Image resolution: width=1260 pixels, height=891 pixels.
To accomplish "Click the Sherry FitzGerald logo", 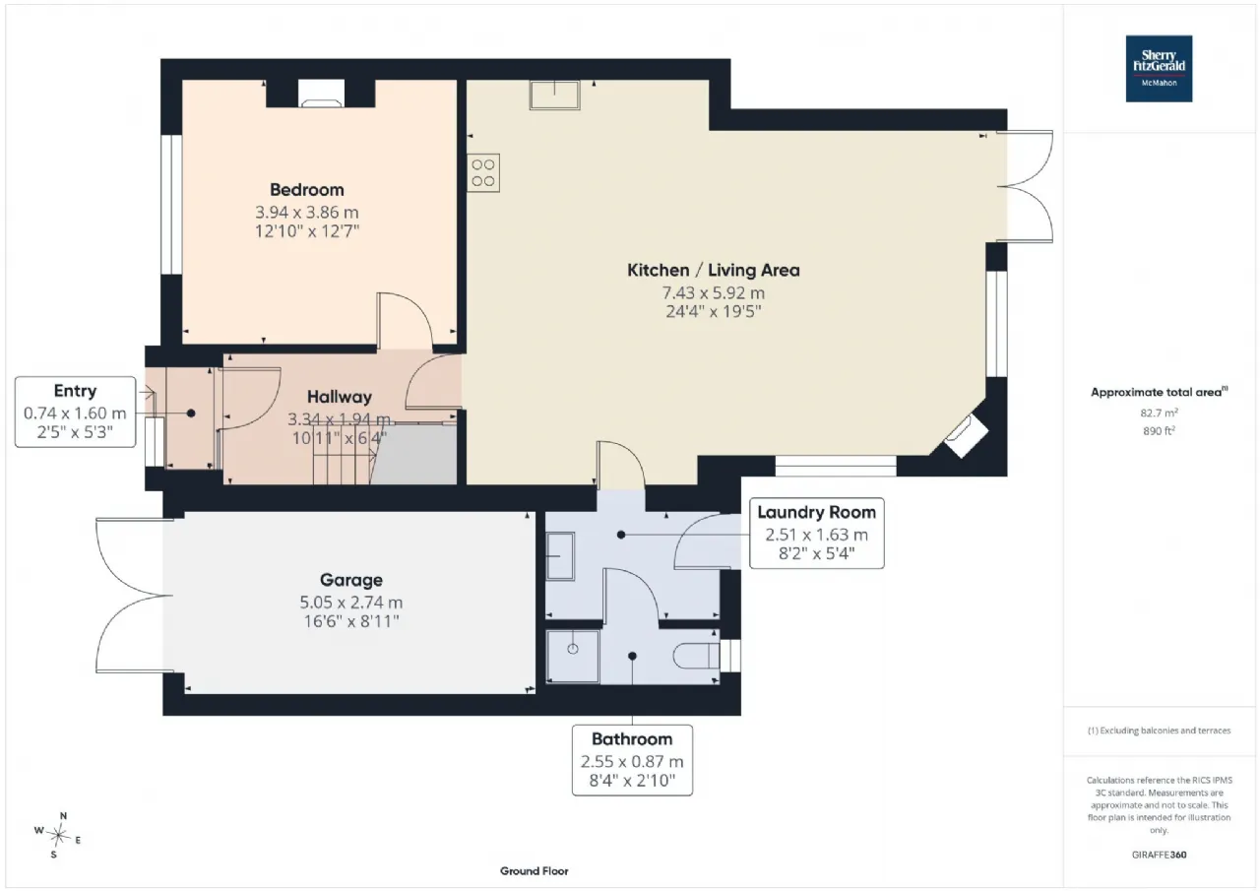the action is [1159, 69].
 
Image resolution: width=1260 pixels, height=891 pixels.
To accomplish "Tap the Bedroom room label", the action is [306, 190].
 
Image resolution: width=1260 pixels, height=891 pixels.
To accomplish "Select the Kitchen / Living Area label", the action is [714, 270].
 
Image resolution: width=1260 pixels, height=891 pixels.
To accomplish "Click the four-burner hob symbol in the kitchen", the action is [483, 172].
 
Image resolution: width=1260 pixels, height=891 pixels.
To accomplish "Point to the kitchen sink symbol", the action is [554, 95].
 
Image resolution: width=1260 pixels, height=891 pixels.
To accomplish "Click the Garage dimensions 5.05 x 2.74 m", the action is [351, 603].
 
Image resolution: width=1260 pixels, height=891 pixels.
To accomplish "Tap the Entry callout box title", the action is [75, 391].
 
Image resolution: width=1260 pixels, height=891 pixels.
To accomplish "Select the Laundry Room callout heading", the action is [816, 512].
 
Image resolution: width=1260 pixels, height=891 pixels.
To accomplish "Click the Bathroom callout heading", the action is [632, 739].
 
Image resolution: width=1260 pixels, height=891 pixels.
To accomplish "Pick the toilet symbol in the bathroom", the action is [696, 656].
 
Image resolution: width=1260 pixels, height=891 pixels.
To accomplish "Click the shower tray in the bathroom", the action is [573, 657].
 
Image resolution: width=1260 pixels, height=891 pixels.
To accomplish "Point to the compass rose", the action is [58, 835].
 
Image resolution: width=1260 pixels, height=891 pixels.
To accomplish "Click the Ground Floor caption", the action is [534, 871].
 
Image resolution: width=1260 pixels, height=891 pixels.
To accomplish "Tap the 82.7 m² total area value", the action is [1159, 413].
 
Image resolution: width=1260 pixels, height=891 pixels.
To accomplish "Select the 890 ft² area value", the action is [1159, 431].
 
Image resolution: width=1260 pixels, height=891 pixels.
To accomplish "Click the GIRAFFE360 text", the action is [1159, 855].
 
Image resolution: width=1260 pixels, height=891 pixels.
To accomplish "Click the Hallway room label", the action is [340, 397].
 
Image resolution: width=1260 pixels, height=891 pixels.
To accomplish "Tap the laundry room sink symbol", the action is [560, 556].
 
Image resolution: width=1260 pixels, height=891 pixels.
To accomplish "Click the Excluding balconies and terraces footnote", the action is [1159, 731].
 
